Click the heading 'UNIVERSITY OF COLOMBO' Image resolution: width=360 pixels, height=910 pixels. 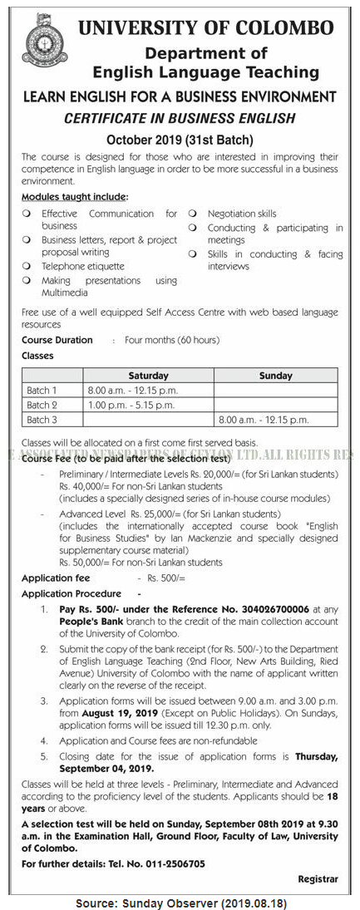tap(206, 28)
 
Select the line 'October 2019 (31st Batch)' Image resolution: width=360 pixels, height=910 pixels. tap(180, 140)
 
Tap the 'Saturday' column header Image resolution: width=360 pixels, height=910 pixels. tap(148, 376)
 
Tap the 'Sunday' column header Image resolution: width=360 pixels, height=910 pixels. tap(275, 376)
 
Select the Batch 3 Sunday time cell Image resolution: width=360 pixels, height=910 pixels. tap(262, 420)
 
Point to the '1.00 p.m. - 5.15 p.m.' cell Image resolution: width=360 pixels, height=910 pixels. tap(131, 405)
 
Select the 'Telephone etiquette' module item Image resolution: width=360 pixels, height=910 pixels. tap(83, 266)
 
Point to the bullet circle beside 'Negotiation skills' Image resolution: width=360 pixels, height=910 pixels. tap(191, 214)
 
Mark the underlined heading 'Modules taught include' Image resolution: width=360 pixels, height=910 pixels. tap(74, 197)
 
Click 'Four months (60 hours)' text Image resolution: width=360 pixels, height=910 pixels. tap(172, 340)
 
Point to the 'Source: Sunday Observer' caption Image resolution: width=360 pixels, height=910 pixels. tap(180, 901)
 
